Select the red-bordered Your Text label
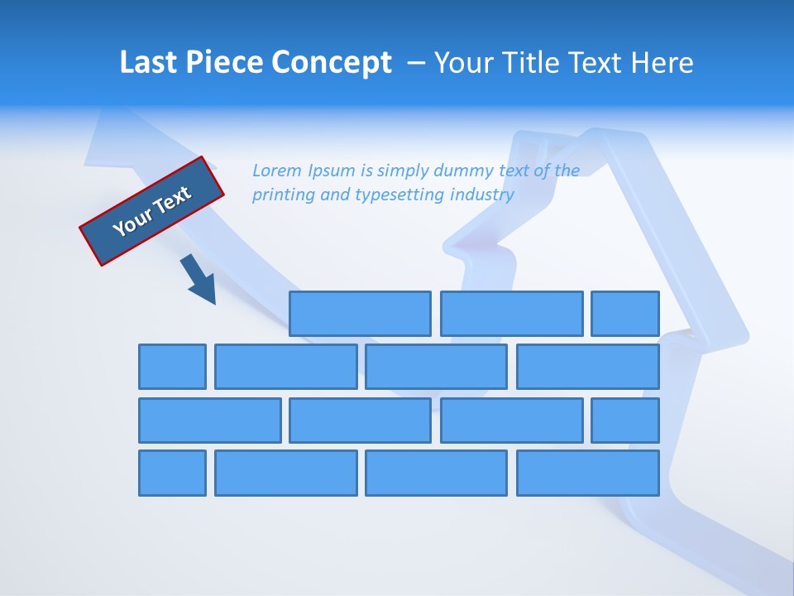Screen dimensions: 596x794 coord(152,210)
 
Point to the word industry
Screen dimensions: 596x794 coord(482,195)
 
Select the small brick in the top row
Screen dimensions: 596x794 coord(625,314)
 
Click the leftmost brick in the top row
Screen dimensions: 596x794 coord(360,314)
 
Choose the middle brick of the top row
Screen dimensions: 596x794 coord(511,314)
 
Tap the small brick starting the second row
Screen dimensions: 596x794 coord(172,367)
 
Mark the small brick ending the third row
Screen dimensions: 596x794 coord(625,421)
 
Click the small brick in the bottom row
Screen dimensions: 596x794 coord(172,473)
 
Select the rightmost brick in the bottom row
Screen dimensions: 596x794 coord(588,473)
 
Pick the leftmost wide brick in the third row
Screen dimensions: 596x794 coord(210,421)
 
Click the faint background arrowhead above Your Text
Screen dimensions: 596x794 coord(108,137)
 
